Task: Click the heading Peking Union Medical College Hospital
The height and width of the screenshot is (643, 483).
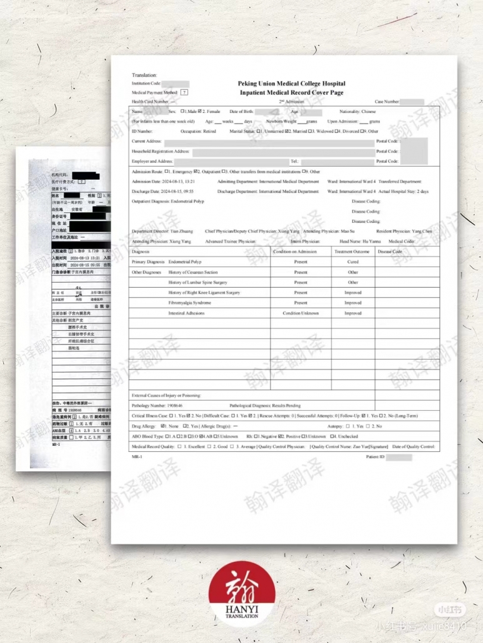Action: tap(291, 84)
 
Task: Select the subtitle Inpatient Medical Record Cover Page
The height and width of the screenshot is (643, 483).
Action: tap(291, 92)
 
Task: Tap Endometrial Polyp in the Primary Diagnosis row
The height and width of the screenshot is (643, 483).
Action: tap(185, 262)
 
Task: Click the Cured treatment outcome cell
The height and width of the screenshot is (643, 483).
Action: tap(353, 262)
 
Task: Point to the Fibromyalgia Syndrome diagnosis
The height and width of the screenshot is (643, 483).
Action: tap(190, 303)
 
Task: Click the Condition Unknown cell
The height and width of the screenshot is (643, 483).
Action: tap(301, 313)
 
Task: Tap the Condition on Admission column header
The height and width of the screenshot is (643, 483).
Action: tap(301, 252)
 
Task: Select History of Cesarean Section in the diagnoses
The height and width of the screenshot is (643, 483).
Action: tap(193, 272)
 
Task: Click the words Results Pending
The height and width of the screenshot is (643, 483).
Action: tap(286, 406)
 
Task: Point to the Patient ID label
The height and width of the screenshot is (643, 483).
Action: tap(375, 458)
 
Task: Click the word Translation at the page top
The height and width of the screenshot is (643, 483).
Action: tap(144, 75)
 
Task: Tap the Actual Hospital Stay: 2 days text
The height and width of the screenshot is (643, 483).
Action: tap(404, 192)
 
